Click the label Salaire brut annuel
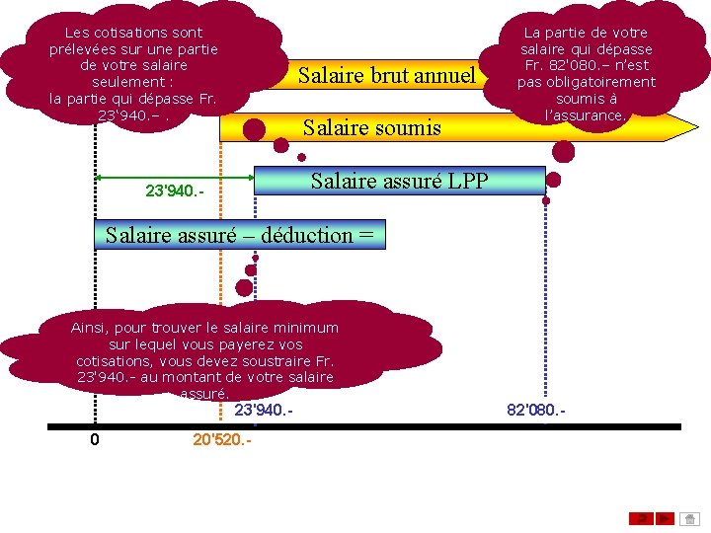coord(386,75)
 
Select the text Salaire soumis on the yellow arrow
coord(371,127)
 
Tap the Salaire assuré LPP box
coord(399,181)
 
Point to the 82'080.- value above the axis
coord(536,409)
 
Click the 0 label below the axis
coord(95,439)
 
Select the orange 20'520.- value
coord(222,439)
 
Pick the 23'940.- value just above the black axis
coord(263,409)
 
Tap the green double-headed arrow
coord(158,178)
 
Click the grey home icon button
coord(690,517)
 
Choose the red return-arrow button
coord(641,517)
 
